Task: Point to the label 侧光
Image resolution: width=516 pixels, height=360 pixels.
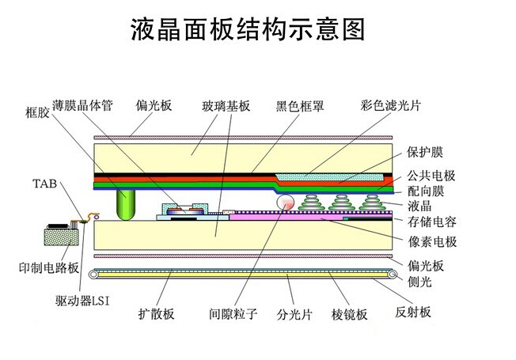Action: click(419, 281)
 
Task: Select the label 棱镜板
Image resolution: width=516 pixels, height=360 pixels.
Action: click(349, 314)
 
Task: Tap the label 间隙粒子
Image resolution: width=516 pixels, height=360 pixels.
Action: click(233, 314)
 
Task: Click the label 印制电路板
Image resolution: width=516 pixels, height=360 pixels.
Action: click(49, 267)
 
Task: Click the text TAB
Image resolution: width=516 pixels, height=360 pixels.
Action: click(44, 184)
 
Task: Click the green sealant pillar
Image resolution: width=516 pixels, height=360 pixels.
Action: click(125, 206)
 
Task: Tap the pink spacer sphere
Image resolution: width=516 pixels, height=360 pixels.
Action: click(285, 203)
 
